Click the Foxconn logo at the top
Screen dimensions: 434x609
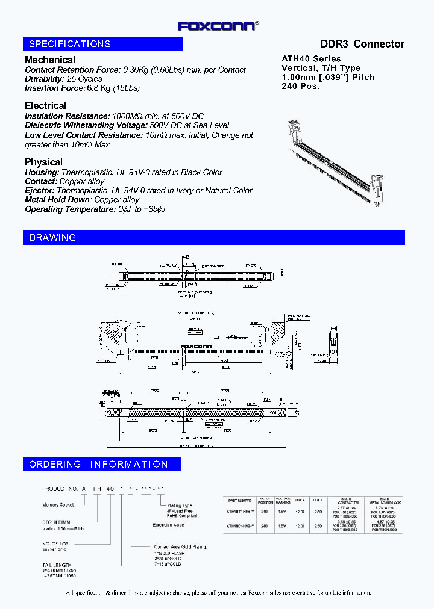tap(218, 25)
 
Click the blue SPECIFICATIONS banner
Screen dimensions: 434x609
tap(102, 44)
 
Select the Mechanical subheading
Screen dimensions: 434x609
tap(50, 60)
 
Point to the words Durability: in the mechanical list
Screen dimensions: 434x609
tap(45, 79)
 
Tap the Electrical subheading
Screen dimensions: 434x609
tap(46, 106)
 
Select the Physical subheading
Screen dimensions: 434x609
tap(43, 162)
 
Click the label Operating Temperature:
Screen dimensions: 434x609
tap(69, 209)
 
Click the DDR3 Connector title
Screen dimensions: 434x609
tap(362, 44)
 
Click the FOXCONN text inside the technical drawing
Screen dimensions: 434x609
tap(199, 346)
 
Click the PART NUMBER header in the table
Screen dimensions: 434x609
tap(240, 500)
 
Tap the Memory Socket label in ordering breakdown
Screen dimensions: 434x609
tap(58, 505)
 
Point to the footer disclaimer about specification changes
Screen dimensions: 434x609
tap(218, 592)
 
